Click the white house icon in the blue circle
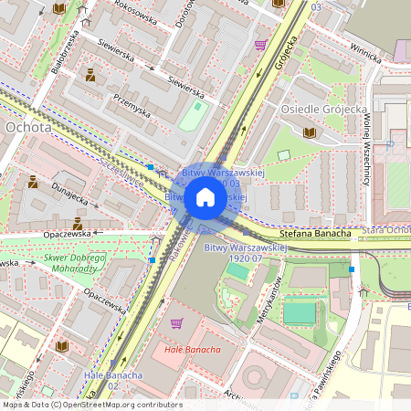coord(205,197)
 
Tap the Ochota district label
coord(27,128)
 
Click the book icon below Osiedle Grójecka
coord(309,133)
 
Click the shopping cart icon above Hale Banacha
coord(176,323)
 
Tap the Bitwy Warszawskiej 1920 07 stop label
coord(245,253)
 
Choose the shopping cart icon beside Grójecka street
coord(260,44)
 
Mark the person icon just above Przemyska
coord(90,76)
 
